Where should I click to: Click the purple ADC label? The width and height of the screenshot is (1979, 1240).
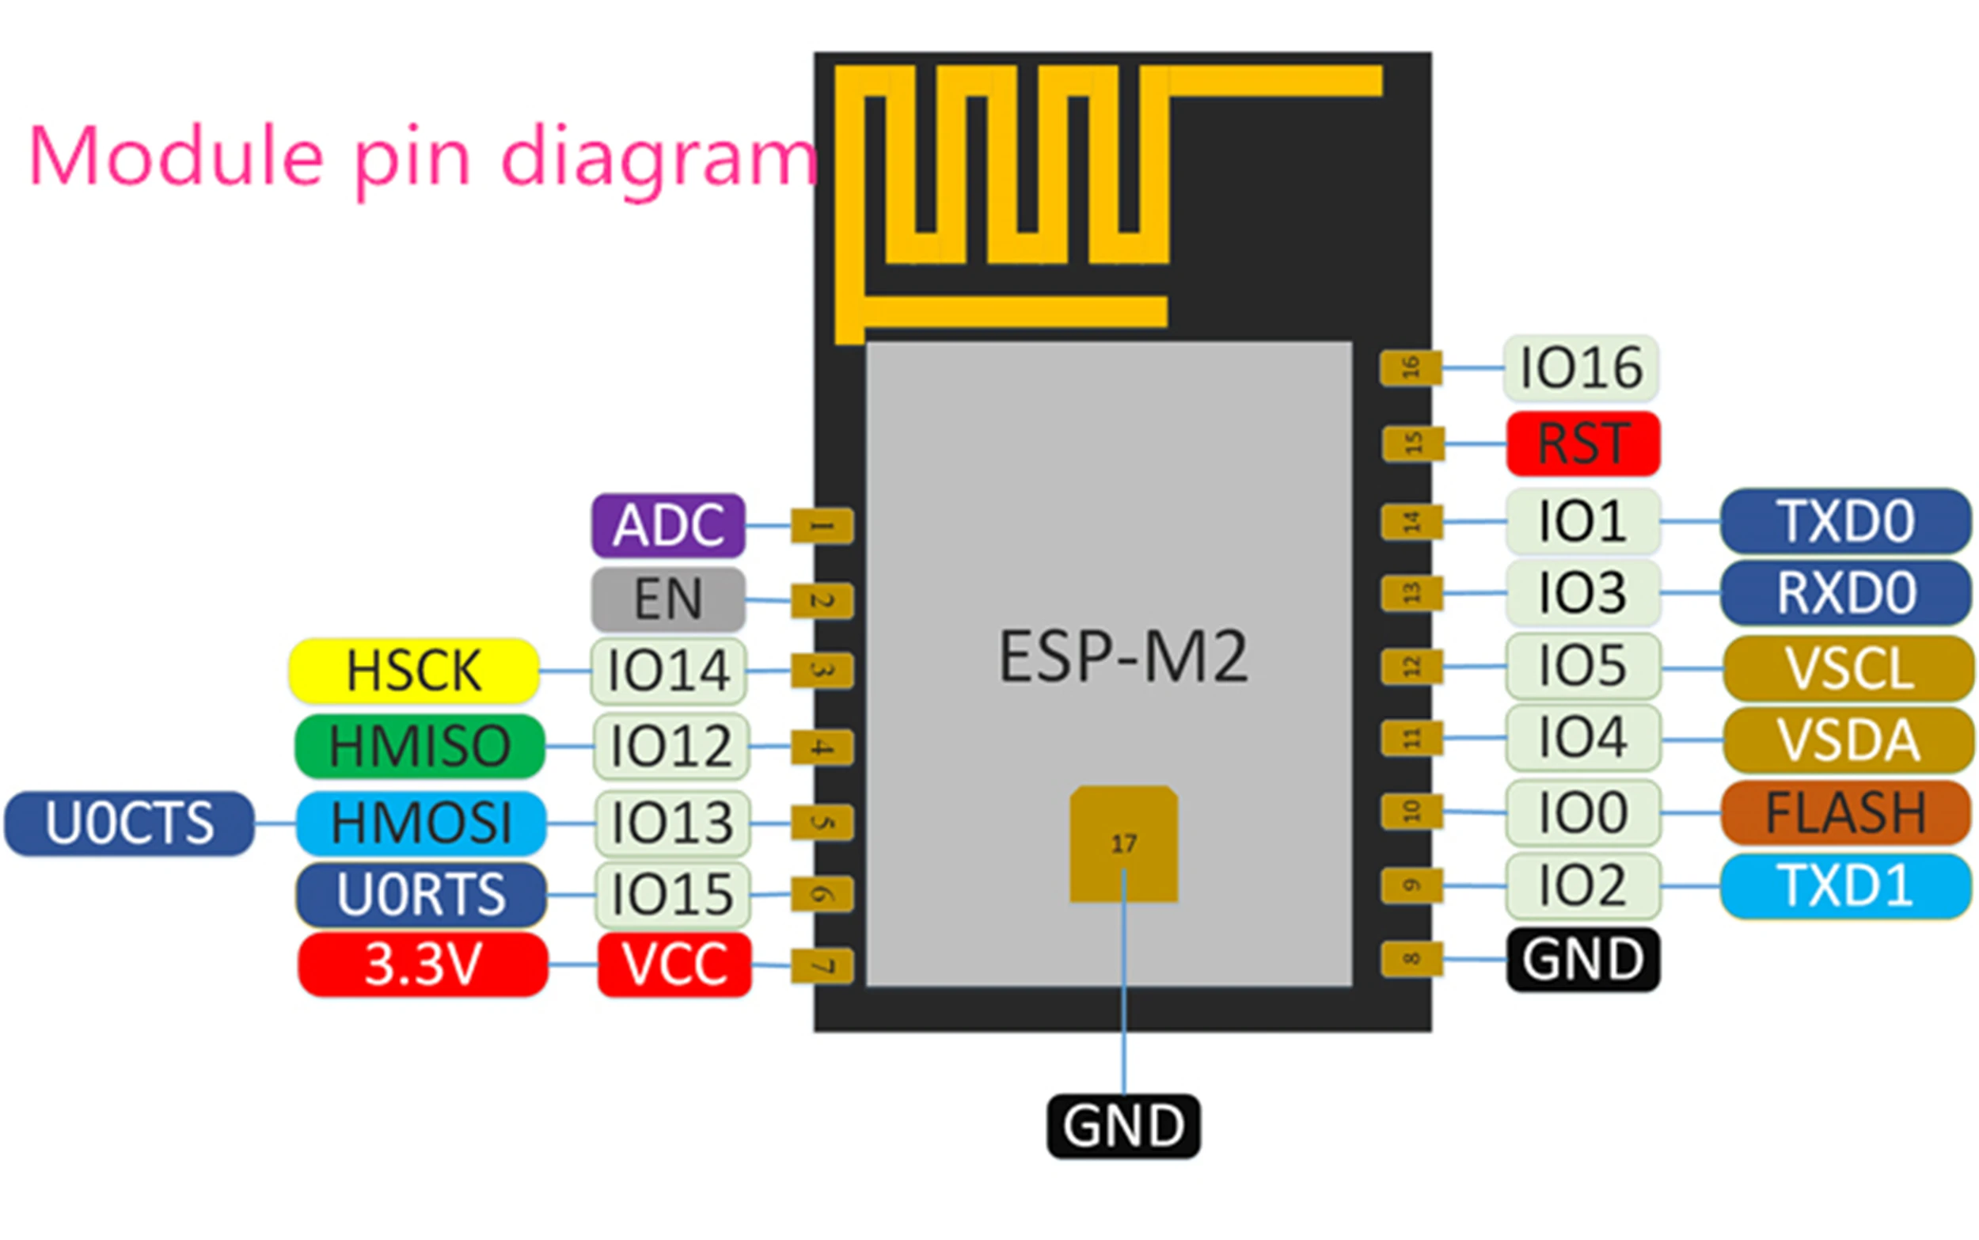tap(667, 525)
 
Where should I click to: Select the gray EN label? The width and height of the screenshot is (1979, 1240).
tap(667, 599)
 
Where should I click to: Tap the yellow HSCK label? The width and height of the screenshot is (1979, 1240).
tap(413, 671)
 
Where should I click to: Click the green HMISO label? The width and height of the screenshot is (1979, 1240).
tap(419, 746)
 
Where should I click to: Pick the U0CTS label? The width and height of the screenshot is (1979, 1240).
tap(129, 823)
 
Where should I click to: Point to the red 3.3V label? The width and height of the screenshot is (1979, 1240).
tap(422, 964)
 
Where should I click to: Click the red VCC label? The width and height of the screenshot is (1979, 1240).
tap(674, 964)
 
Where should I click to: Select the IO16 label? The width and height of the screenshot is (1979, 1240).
tap(1580, 367)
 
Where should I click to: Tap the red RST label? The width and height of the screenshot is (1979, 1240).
tap(1582, 443)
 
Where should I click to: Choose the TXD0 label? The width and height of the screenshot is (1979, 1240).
tap(1844, 521)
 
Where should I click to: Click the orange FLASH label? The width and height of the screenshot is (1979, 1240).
tap(1844, 812)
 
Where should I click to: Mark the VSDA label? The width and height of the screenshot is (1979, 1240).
tap(1848, 740)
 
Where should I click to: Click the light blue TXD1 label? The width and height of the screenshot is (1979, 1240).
tap(1844, 886)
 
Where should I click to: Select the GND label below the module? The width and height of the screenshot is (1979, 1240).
tap(1122, 1126)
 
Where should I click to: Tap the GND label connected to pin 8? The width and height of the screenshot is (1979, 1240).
tap(1582, 959)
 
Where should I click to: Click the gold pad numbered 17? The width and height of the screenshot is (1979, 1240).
tap(1123, 843)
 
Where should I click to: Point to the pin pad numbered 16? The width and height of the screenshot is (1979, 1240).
tap(1410, 367)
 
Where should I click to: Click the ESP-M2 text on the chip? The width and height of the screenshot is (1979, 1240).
tap(1122, 656)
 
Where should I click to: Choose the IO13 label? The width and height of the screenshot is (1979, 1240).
tap(671, 823)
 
